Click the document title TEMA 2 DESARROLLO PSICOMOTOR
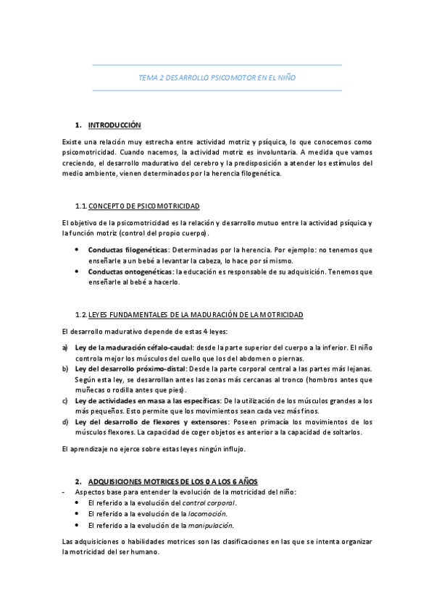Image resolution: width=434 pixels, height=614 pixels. pyautogui.click(x=217, y=77)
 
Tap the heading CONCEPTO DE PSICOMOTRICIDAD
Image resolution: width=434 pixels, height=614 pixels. pyautogui.click(x=144, y=206)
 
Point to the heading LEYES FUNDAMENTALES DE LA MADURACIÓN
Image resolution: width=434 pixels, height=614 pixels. pyautogui.click(x=196, y=314)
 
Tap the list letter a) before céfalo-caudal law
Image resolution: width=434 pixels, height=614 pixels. pyautogui.click(x=65, y=347)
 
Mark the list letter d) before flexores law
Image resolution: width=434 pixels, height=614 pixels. pyautogui.click(x=65, y=421)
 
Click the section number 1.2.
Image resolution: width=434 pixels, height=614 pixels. pyautogui.click(x=81, y=314)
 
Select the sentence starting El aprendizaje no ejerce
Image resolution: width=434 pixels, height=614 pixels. pyautogui.click(x=154, y=449)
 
